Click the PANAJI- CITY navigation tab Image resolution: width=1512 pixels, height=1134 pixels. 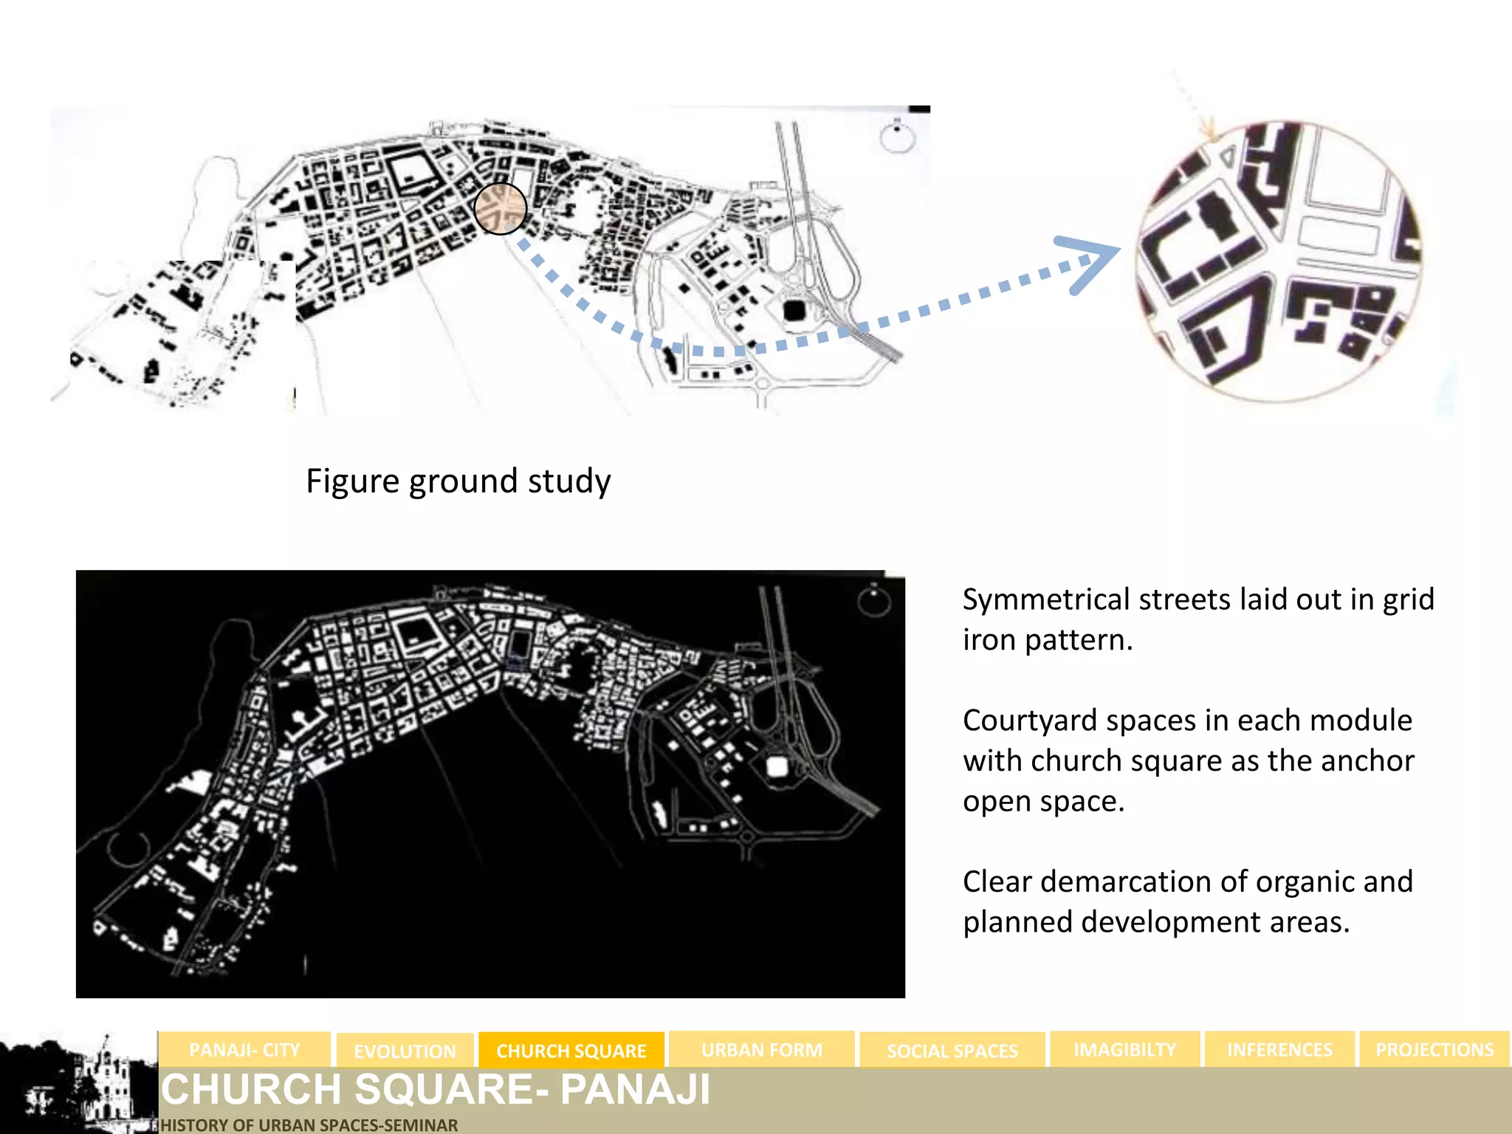(x=244, y=1050)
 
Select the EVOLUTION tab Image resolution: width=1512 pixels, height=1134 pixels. (x=405, y=1051)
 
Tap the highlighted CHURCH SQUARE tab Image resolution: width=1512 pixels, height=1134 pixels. (x=571, y=1051)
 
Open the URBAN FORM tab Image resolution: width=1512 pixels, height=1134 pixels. (x=761, y=1050)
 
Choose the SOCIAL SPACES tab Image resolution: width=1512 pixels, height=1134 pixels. (x=952, y=1051)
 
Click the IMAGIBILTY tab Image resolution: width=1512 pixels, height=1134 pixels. (x=1124, y=1050)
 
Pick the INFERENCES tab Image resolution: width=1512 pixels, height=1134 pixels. (x=1279, y=1050)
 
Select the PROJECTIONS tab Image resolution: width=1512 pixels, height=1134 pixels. (x=1434, y=1050)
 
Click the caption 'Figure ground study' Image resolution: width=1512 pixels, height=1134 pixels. (x=458, y=481)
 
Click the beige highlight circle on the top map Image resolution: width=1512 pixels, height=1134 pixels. (x=500, y=209)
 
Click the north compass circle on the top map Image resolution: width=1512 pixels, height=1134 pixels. (x=897, y=137)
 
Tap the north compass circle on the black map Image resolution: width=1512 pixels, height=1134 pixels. (x=873, y=600)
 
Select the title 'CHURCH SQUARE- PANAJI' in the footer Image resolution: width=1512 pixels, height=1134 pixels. (x=436, y=1090)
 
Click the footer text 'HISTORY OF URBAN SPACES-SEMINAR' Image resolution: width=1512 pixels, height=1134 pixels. (x=309, y=1125)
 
